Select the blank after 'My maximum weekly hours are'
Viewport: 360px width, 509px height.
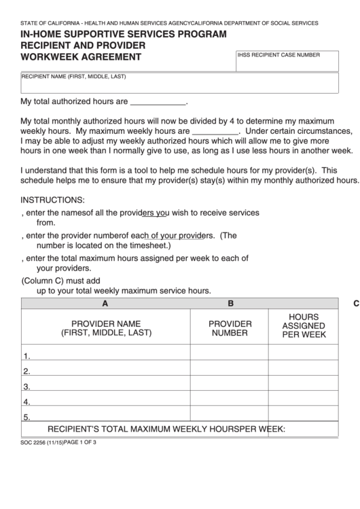[215, 130]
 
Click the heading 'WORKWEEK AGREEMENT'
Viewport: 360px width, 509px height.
[81, 57]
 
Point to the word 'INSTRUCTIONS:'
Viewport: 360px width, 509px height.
[53, 200]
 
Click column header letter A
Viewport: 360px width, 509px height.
[105, 304]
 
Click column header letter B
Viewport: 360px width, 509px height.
[230, 304]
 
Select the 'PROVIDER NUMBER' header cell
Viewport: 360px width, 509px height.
[230, 329]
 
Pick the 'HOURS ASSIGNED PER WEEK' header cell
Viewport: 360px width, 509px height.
[304, 326]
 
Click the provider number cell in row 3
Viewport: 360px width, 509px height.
[230, 386]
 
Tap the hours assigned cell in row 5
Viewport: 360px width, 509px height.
[304, 417]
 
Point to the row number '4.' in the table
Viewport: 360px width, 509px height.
[27, 402]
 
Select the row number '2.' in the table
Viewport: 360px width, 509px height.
[27, 371]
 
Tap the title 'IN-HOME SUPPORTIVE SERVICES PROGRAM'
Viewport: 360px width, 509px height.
[124, 33]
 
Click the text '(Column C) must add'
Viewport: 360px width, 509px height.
[61, 280]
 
